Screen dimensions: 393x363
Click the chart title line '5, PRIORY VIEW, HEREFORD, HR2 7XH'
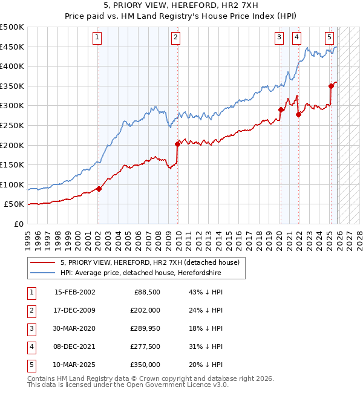(181, 5)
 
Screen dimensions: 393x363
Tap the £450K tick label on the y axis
(12, 47)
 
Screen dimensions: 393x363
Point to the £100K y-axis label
(12, 184)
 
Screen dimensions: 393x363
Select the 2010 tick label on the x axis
(178, 236)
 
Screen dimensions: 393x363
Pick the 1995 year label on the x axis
(28, 236)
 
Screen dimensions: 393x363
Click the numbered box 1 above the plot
(97, 37)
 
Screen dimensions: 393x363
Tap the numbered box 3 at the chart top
(279, 37)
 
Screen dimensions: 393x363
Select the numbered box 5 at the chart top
(330, 37)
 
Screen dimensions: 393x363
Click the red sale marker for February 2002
(99, 189)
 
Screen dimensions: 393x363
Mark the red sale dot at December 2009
(178, 144)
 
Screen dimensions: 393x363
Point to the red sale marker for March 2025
(331, 86)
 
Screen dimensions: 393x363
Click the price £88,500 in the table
(147, 292)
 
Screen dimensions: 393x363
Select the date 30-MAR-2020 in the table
(74, 328)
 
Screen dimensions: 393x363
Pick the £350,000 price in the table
(146, 365)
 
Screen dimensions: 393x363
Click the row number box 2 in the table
(30, 310)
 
